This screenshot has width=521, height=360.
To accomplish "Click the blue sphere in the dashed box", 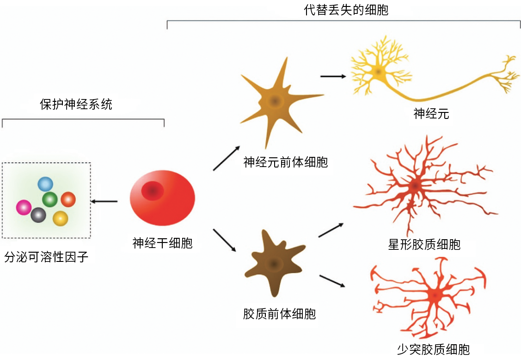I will click(45, 184).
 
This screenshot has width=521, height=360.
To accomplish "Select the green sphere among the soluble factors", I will click(50, 200).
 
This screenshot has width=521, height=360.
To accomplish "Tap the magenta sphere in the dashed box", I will click(23, 207).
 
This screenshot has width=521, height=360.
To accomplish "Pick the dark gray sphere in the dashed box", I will click(38, 214).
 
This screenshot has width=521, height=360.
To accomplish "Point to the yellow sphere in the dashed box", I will click(60, 218).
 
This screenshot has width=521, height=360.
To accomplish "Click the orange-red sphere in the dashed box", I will click(68, 199).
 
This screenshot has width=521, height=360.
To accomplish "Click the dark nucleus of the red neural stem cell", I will click(152, 190).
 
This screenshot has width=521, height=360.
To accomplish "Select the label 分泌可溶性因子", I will click(46, 257).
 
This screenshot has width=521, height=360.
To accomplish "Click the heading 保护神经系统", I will click(76, 105).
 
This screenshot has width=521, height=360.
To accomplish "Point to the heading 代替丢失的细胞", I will click(346, 10).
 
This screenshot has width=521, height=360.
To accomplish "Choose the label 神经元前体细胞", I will click(285, 162).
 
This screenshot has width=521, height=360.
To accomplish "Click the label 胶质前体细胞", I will click(279, 314).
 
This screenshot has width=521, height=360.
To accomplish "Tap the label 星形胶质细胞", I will click(424, 244).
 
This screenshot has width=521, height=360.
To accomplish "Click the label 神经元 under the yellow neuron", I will click(431, 114).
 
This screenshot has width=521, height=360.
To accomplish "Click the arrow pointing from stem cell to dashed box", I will click(104, 201).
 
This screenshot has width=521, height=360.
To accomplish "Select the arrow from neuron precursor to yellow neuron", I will click(333, 76).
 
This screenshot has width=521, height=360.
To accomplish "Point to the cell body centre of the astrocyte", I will click(415, 186).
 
